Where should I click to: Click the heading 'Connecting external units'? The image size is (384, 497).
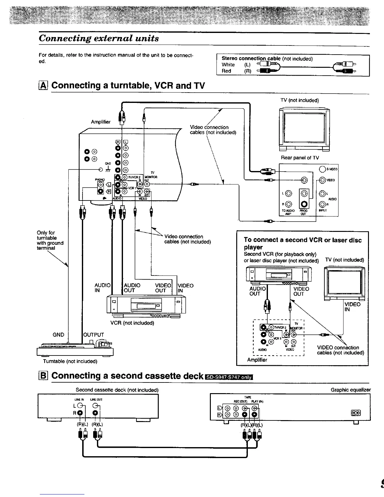click(99, 39)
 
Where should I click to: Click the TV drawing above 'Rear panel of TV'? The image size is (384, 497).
click(304, 129)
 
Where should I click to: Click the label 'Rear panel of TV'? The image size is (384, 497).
click(300, 158)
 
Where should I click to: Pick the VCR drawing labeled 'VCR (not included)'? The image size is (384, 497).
click(146, 305)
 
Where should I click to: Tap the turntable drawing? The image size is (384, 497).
click(75, 348)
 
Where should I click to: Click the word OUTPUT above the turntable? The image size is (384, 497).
click(93, 335)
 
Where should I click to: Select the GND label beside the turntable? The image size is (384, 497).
click(58, 335)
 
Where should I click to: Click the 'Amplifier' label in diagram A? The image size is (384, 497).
click(101, 122)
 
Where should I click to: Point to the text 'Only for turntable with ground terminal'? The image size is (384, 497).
click(50, 240)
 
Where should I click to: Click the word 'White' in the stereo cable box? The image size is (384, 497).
click(228, 65)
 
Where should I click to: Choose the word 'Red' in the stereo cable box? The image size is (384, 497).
click(227, 71)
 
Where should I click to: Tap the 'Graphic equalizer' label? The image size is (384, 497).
click(351, 390)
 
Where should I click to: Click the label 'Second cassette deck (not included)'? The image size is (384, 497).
click(117, 390)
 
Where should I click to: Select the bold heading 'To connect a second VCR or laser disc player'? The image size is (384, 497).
click(302, 243)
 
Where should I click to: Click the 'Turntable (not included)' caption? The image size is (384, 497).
click(70, 361)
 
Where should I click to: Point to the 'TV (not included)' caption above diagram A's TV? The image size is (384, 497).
click(300, 100)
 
